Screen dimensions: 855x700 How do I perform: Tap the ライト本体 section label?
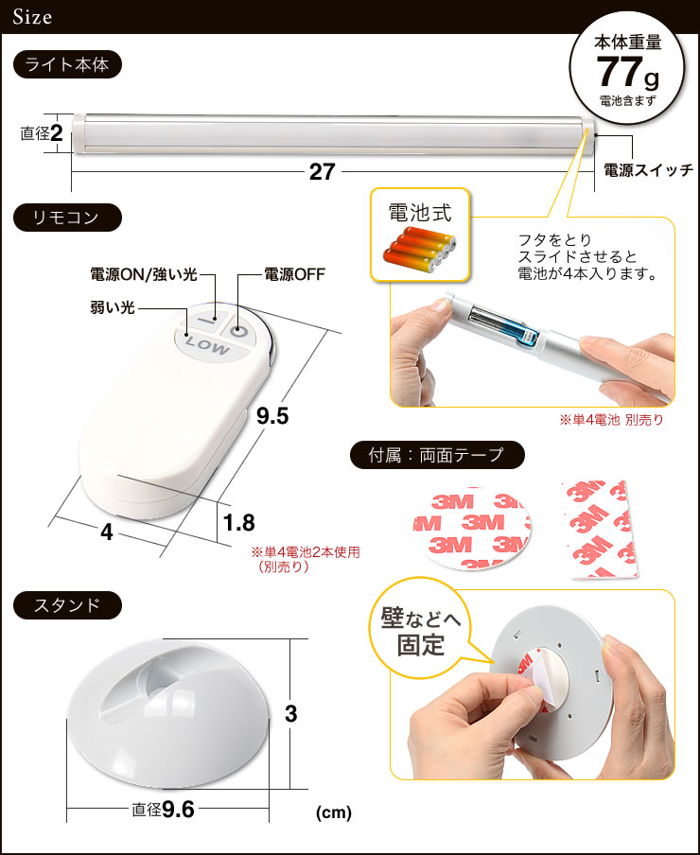point(67,65)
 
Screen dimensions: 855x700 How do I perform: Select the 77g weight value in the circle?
point(625,72)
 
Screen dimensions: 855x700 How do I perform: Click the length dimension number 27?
point(323,171)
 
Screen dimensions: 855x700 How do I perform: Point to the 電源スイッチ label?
point(649,170)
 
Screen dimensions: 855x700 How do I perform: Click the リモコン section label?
point(67,218)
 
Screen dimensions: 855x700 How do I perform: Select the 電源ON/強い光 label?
point(143,274)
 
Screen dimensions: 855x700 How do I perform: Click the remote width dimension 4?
point(106,532)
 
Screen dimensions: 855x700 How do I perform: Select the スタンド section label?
point(67,605)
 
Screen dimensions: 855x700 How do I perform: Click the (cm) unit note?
point(334,812)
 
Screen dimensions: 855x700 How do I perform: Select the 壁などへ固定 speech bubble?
point(421,635)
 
